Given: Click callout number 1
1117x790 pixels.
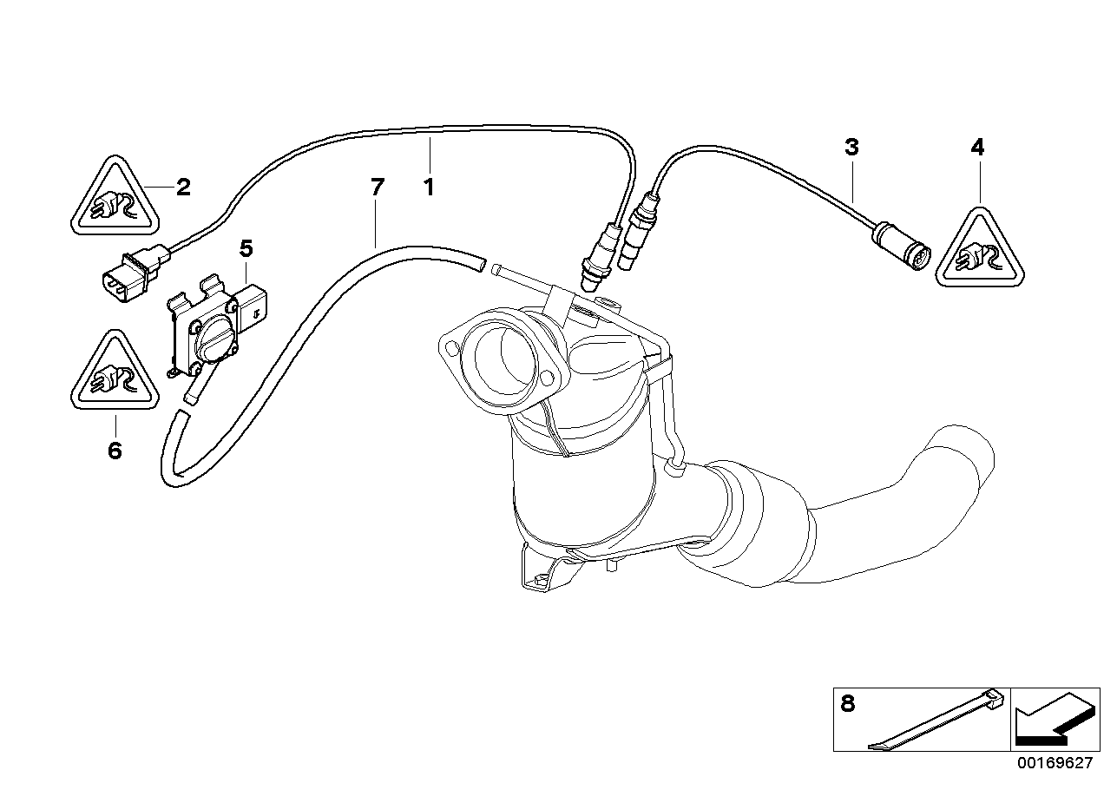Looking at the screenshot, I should click(x=428, y=186).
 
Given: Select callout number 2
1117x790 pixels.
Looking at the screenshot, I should click(x=183, y=187).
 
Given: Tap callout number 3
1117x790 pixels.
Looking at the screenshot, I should click(x=851, y=147).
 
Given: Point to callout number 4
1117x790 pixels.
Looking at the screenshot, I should click(x=977, y=148).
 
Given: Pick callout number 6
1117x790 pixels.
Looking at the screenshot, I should click(x=115, y=451).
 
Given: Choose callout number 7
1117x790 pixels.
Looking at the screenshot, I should click(x=376, y=186).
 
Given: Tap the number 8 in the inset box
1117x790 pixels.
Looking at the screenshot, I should click(x=848, y=704).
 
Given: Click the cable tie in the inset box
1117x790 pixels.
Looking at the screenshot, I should click(x=937, y=720).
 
